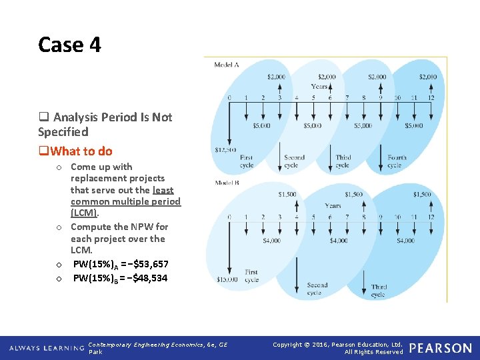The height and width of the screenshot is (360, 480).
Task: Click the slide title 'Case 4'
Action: [x=69, y=45]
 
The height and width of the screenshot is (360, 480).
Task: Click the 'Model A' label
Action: [x=227, y=65]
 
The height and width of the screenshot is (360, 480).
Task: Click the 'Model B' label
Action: [x=227, y=183]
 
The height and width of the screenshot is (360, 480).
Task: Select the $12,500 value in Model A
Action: [x=225, y=150]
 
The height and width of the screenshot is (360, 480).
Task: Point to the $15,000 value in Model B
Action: [x=227, y=279]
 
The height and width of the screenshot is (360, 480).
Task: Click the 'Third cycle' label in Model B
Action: [x=379, y=290]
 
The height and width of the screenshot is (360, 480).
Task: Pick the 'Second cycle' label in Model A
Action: [x=294, y=161]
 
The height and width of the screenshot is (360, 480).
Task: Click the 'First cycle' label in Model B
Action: [x=251, y=276]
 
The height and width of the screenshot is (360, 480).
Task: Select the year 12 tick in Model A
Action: [x=431, y=98]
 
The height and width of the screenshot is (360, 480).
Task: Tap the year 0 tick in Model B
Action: [x=229, y=217]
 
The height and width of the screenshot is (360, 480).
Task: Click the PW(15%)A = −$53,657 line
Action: [x=120, y=265]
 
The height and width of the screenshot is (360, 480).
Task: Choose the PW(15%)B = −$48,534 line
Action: [x=120, y=277]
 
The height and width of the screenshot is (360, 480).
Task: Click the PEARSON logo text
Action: [x=440, y=348]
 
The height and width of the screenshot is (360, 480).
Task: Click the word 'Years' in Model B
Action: [x=333, y=206]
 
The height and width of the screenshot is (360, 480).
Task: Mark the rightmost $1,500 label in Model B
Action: [x=421, y=195]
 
